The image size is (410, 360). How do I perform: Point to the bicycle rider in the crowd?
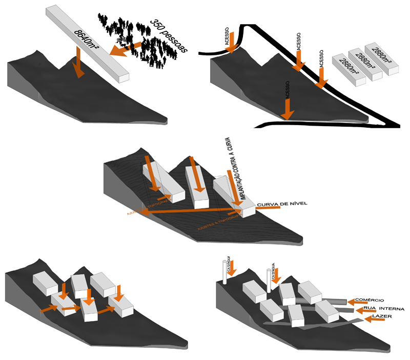(x=122, y=39)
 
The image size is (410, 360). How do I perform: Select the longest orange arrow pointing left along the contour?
(x=190, y=211)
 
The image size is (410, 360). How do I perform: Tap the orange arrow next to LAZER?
(x=375, y=320)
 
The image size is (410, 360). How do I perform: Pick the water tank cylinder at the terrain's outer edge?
(x=224, y=272)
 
